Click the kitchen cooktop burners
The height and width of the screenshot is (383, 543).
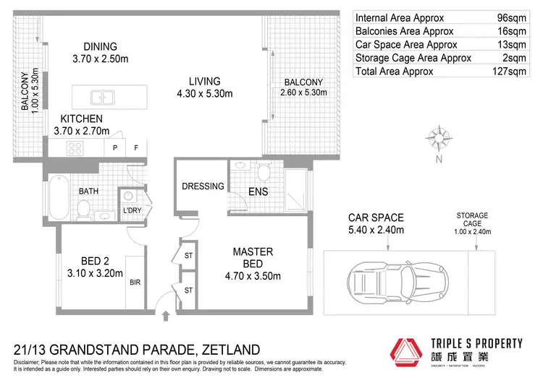tap(76, 148)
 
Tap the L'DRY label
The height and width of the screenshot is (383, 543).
tap(132, 210)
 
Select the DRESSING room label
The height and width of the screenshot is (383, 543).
tap(203, 186)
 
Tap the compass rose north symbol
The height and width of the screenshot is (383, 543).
tap(438, 138)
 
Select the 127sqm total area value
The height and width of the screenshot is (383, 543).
tap(513, 72)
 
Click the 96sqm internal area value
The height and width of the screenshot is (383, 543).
tap(515, 17)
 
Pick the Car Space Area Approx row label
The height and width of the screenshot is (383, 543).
tap(399, 45)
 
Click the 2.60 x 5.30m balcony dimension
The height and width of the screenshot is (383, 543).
tap(303, 92)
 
